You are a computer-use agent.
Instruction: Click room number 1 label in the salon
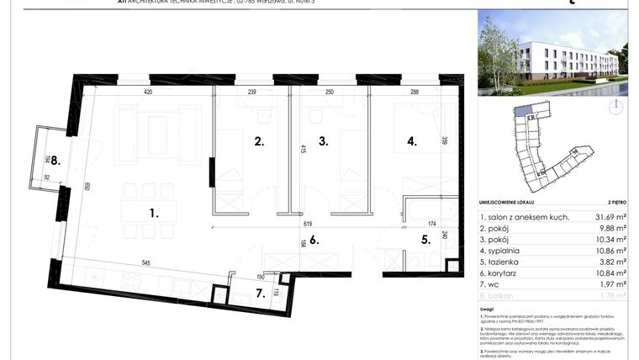154,214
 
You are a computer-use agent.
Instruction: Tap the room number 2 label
260,142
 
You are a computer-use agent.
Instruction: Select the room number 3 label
322,142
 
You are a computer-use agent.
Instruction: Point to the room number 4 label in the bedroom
412,142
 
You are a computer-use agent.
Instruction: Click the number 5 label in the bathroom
425,239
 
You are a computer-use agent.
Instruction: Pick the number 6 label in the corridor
314,240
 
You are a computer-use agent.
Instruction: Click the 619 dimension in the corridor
308,225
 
